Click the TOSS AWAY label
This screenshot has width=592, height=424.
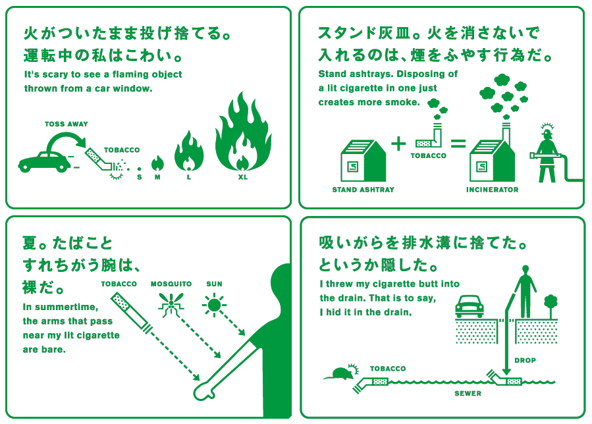[66, 124]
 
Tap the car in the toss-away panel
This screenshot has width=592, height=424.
[45, 159]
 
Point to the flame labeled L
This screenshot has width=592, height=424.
[189, 153]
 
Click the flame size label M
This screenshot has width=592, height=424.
[157, 176]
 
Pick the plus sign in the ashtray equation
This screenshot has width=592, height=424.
[398, 143]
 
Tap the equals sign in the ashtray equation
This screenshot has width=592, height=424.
[458, 144]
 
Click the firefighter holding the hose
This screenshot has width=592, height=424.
[547, 153]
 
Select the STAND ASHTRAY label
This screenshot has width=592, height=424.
[363, 190]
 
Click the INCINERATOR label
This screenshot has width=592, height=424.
[492, 190]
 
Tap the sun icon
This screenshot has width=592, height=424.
[214, 304]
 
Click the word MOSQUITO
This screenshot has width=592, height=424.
[171, 284]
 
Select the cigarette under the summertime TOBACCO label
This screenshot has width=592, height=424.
[130, 313]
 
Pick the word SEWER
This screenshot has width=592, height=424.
[468, 394]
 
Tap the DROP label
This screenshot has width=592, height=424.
[525, 360]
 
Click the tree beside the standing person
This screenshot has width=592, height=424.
[551, 305]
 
